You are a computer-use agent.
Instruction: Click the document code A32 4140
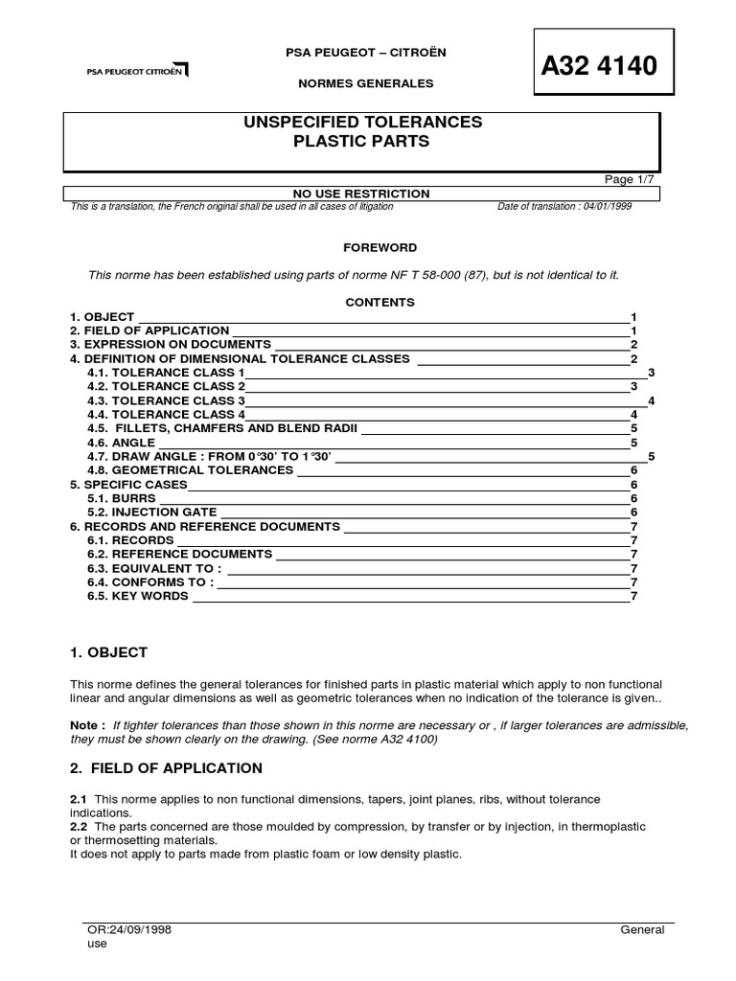point(600,66)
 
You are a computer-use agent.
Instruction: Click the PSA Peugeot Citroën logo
point(138,70)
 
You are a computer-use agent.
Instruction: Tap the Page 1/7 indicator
point(629,179)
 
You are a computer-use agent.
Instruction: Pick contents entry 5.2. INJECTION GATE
point(152,513)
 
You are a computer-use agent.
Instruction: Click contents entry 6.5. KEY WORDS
point(138,596)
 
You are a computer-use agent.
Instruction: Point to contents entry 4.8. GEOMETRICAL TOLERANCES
point(190,470)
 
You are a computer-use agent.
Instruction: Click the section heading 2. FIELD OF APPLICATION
point(166,768)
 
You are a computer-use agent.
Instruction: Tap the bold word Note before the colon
point(85,726)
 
